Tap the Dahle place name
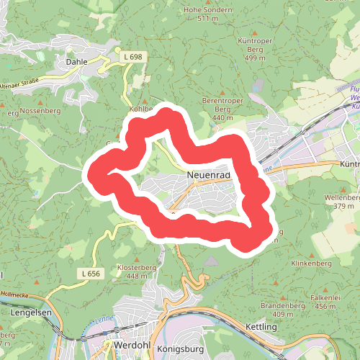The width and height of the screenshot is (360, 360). click(x=76, y=62)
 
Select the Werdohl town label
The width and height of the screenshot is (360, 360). click(x=130, y=346)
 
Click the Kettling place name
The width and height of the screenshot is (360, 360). click(x=261, y=327)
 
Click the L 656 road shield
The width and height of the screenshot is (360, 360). click(x=91, y=274)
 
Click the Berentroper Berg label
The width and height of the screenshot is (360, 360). click(x=223, y=104)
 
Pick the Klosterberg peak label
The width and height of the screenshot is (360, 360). click(x=121, y=267)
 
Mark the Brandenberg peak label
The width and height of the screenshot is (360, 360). click(x=283, y=306)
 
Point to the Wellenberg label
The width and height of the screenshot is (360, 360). click(x=342, y=197)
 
